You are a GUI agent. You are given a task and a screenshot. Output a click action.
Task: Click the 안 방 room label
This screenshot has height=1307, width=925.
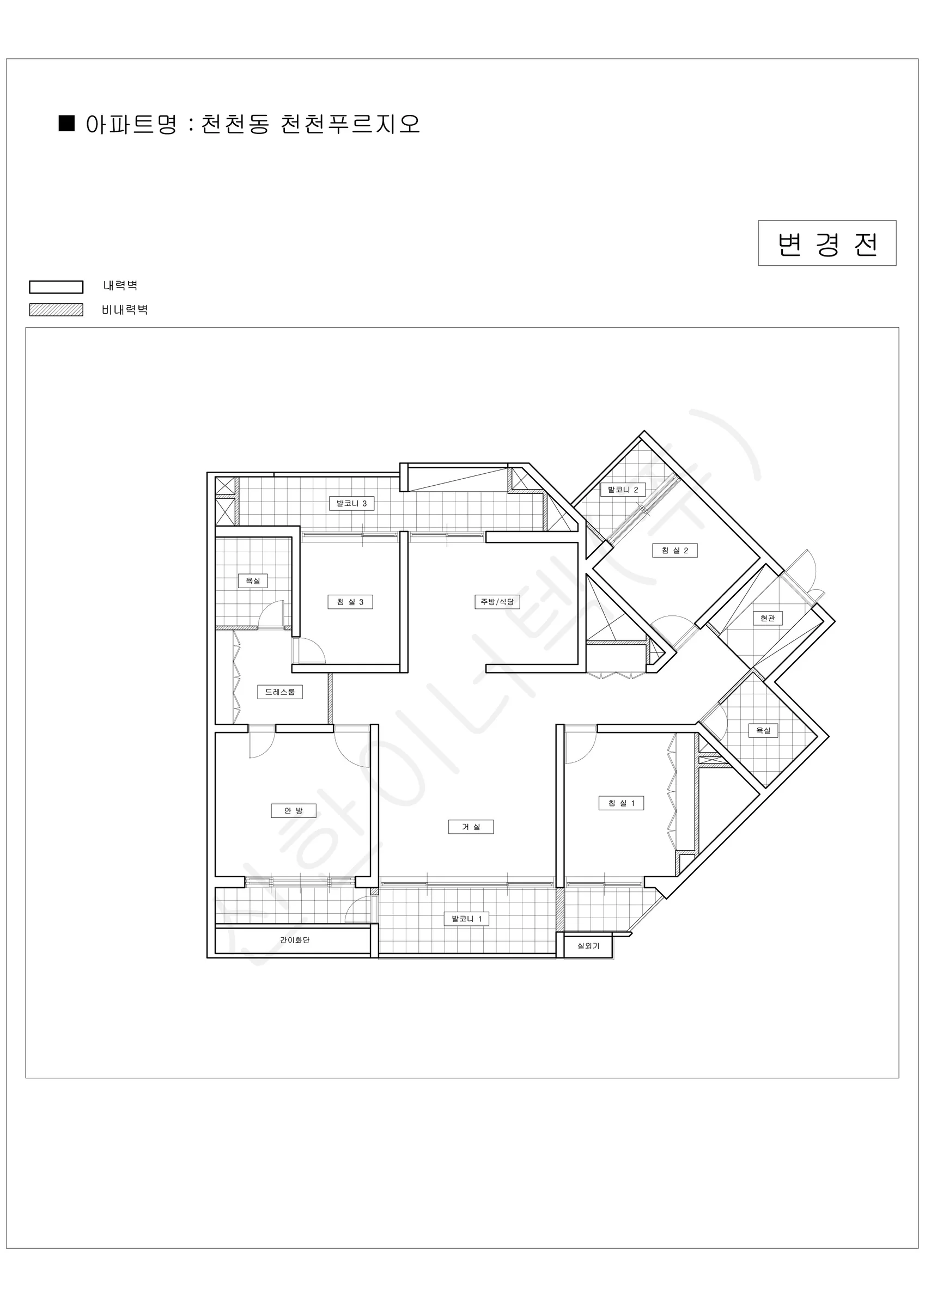coord(293,811)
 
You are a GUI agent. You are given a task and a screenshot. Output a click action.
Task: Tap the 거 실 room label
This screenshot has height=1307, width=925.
coord(471,827)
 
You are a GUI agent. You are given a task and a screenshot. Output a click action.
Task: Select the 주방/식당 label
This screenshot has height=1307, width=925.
coord(497,602)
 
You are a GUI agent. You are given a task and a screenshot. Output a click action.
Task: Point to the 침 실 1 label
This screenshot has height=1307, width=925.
coord(622,803)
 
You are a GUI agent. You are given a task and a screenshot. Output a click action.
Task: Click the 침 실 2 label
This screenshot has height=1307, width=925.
coord(675,551)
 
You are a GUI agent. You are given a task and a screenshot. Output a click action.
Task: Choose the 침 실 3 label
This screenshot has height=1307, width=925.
coord(350,602)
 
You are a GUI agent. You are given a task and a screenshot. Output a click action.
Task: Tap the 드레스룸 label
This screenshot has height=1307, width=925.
coord(280,692)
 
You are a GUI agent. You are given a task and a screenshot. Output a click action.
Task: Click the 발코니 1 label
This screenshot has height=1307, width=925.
coord(466,919)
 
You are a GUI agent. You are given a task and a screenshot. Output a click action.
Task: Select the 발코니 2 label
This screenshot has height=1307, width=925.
coord(623,490)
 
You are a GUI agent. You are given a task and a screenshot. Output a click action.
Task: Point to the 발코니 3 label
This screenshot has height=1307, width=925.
coord(352,503)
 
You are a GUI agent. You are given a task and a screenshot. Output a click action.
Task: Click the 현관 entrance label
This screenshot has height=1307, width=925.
coord(768,618)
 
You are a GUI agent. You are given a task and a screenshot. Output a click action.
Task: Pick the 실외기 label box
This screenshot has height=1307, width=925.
coord(588,946)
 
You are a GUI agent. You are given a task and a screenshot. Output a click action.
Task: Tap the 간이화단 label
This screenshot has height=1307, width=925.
coord(295,940)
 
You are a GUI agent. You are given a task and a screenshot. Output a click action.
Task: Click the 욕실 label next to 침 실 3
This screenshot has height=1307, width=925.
coord(253,581)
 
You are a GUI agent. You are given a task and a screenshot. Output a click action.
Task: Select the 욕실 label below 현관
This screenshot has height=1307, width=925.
coord(763,730)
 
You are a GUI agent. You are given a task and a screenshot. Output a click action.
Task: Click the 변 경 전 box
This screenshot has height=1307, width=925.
coord(827,243)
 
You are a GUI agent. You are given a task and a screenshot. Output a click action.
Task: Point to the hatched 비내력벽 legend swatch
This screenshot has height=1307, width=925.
coord(57,310)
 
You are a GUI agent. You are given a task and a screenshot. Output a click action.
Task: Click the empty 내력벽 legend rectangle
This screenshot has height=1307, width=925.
coord(57,287)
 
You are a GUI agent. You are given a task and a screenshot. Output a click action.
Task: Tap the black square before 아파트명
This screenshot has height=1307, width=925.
coord(66,124)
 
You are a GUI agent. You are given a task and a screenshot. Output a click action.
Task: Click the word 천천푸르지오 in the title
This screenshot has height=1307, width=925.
coord(350,124)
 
